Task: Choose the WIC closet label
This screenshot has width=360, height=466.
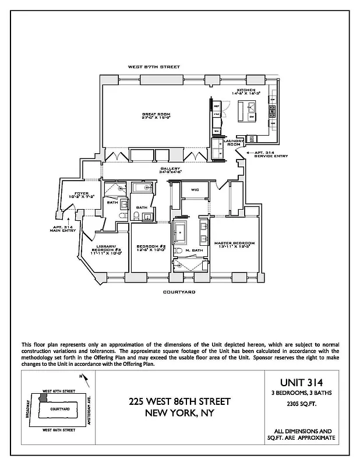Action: [195, 190]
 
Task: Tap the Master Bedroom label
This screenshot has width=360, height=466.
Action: [234, 243]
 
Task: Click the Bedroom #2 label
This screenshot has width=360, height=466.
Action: [151, 248]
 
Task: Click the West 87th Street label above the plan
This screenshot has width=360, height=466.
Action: [154, 68]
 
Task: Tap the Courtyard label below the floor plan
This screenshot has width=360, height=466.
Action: [179, 291]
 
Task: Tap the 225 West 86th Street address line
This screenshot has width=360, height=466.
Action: [179, 402]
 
